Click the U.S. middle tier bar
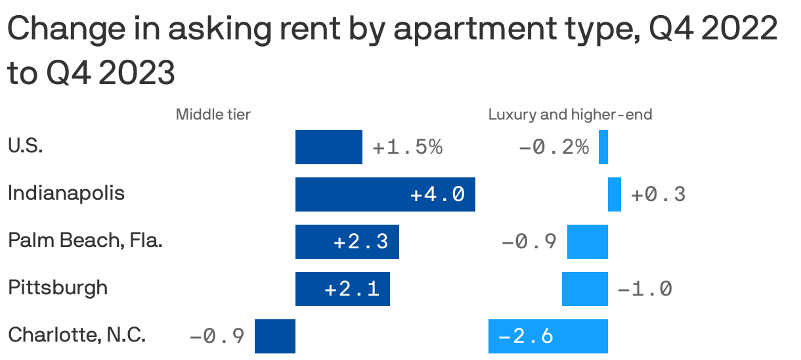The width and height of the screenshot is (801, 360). pos(328,147)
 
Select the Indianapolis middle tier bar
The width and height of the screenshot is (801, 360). pos(385,194)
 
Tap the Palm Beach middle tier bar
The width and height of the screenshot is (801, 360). pos(347,242)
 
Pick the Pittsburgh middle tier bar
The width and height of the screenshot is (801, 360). pos(342,289)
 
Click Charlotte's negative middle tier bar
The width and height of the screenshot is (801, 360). pos(275,336)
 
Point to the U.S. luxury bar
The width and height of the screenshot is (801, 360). pos(603,147)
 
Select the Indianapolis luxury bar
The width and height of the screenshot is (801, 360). pos(615,194)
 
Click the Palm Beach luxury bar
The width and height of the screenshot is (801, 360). pos(588,242)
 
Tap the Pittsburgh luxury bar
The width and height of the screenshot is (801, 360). pos(585,289)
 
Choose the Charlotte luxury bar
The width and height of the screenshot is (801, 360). pos(548,336)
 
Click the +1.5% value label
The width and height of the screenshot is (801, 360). pos(408,147)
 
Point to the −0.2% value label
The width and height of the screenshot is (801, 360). pos(553,147)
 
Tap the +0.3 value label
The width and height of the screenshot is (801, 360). pos(658,194)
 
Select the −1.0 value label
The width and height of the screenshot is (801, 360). pos(645,289)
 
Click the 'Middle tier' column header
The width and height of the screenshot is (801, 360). pos(213,115)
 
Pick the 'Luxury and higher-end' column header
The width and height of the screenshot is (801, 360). pos(570,115)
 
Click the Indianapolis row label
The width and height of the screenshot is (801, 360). pos(66,194)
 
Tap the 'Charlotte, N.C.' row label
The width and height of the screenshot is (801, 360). pos(77,336)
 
